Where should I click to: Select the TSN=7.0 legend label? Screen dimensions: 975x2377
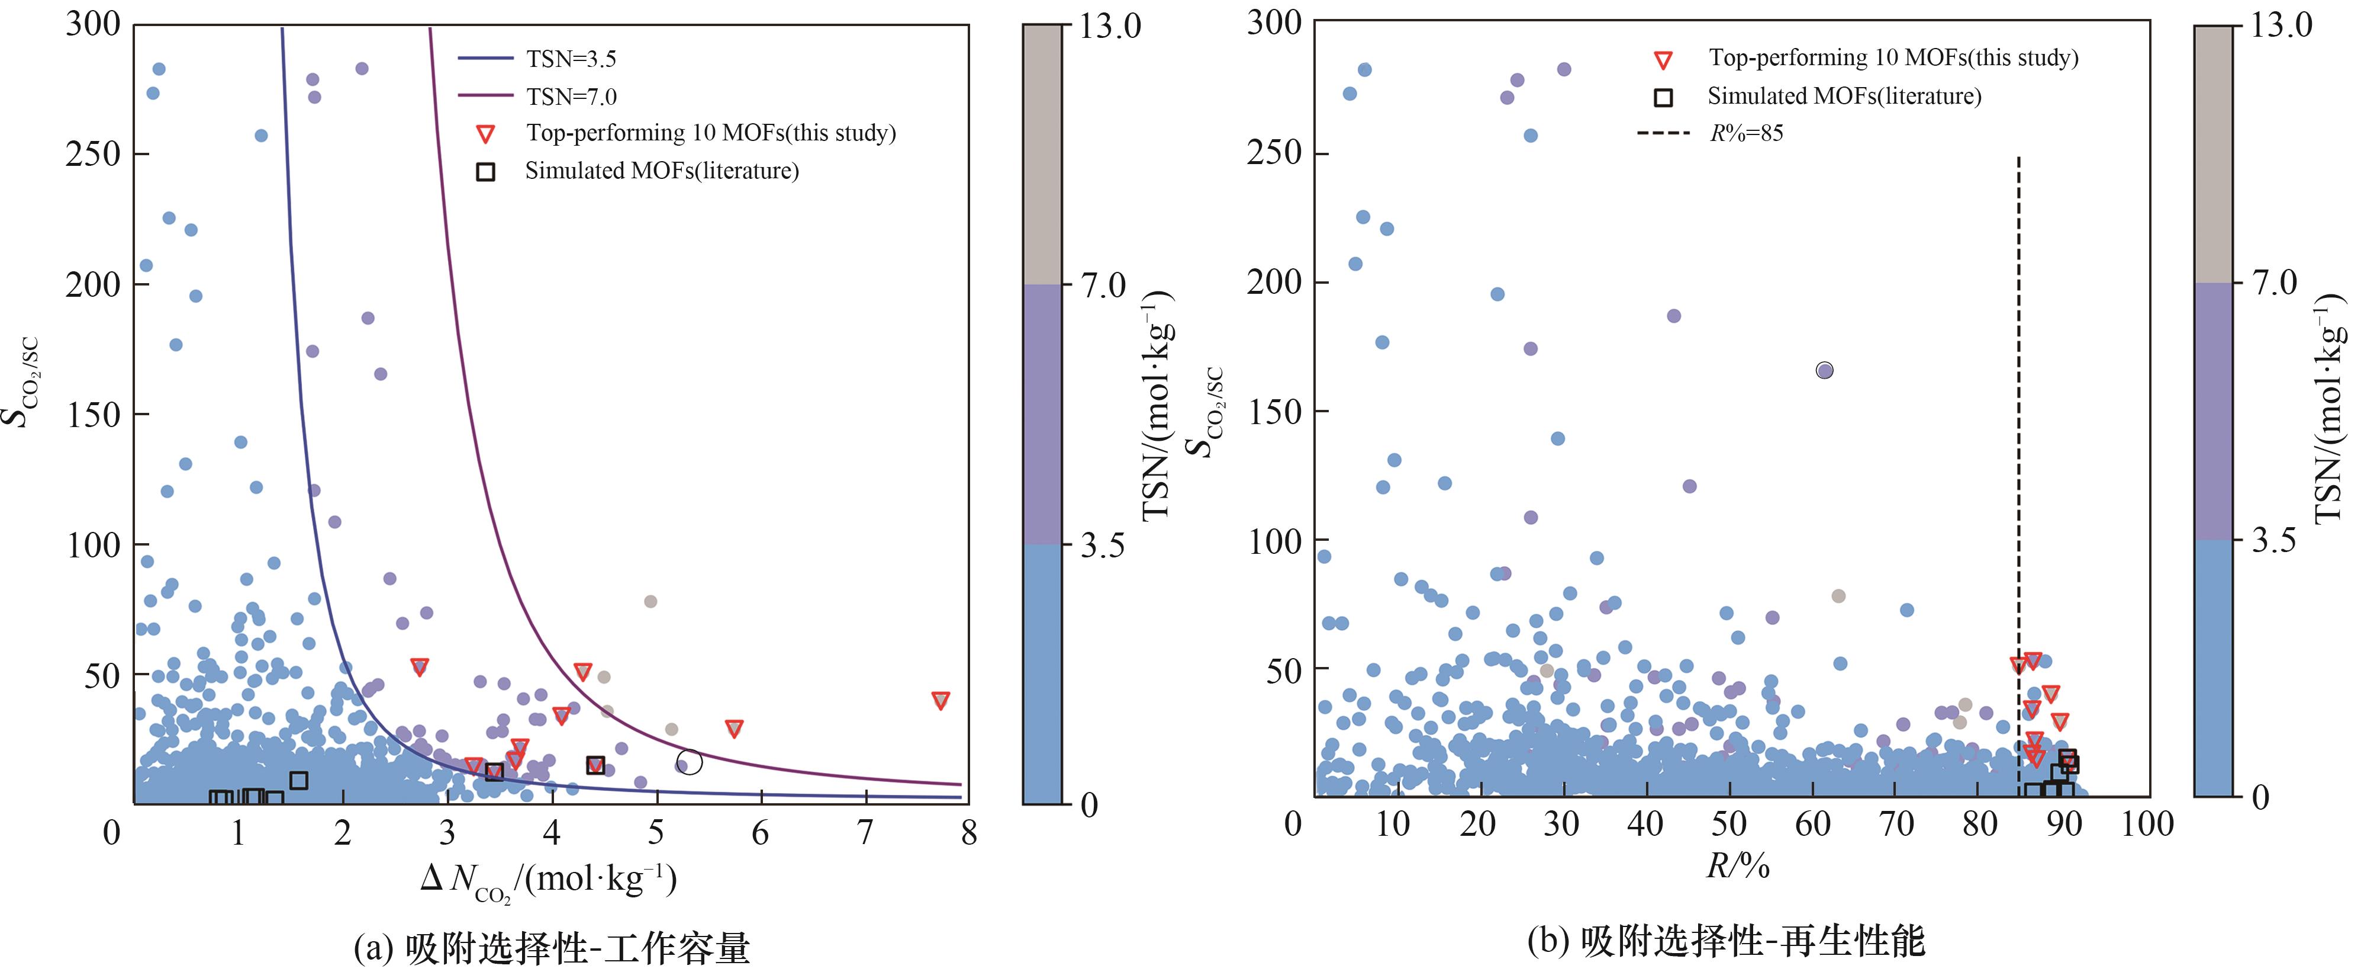coord(571,96)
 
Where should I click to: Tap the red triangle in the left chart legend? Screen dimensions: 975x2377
coord(485,134)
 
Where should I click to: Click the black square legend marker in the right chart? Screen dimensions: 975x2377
coord(1663,97)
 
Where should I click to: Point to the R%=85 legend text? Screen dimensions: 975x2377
coord(1746,133)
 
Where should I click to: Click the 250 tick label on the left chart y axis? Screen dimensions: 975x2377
coord(93,153)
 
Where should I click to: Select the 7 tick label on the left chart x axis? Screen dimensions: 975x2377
coord(865,833)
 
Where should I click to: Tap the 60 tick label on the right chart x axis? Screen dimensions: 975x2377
coord(1812,823)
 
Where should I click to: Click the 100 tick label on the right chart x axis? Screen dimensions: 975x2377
coord(2147,823)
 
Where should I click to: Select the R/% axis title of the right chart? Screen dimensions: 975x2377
coord(1738,865)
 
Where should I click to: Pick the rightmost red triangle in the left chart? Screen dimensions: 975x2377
coord(941,700)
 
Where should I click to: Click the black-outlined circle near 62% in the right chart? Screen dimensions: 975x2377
coord(1824,370)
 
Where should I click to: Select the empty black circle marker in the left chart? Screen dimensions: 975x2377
coord(690,762)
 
